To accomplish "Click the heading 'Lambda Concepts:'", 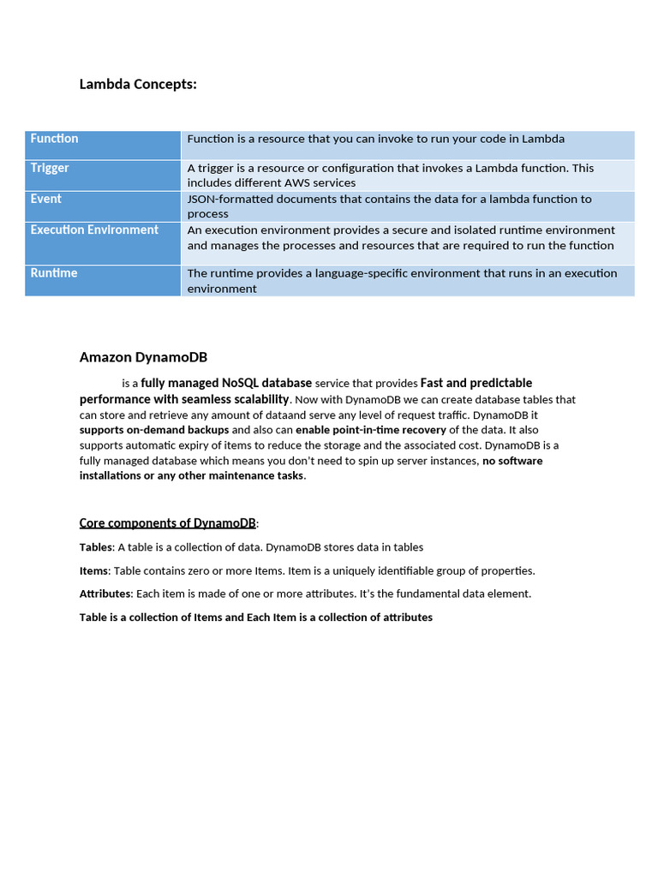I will coord(138,84).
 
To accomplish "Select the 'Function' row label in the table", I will coord(54,139).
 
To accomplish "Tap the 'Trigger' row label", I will coord(50,168).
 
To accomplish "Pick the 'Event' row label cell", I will coord(46,199).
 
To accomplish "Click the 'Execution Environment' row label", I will coord(94,230).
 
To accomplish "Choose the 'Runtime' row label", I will coord(54,273).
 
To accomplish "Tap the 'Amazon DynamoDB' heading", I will coord(143,357).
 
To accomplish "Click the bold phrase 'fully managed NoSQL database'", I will coord(226,383).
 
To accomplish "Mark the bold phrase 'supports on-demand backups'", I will coord(154,430).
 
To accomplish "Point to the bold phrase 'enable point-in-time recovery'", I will coord(371,430).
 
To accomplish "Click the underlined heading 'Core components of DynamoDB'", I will coord(167,523).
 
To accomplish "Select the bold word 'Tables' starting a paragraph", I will coord(96,547).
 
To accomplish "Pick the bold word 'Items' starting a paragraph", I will coord(94,570).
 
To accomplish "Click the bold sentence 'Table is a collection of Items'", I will coord(255,617).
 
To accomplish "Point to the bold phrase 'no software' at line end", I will coord(512,461).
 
